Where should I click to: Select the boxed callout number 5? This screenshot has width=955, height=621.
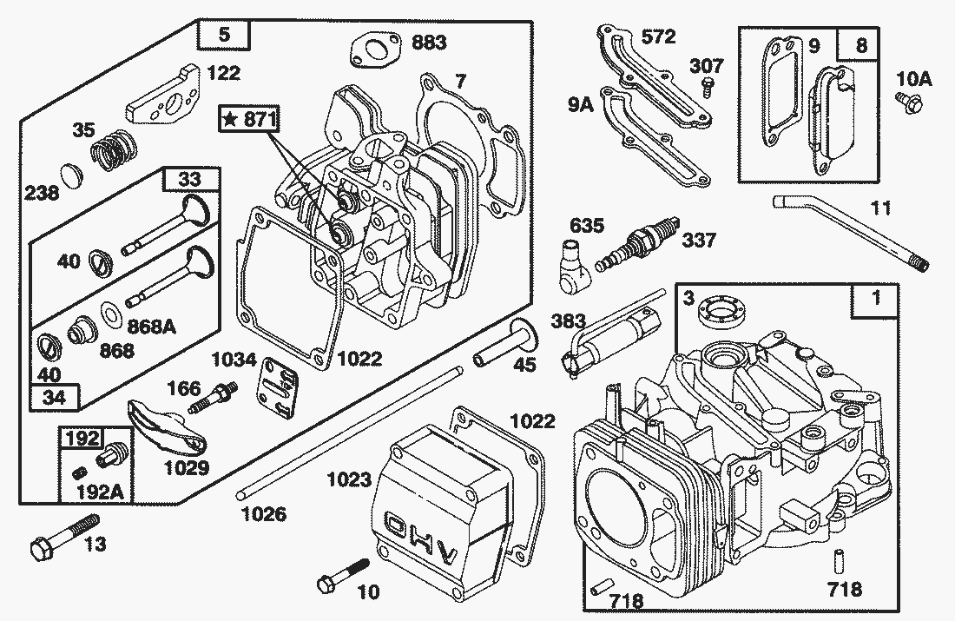coord(224,36)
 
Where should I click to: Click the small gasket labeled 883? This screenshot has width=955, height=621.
coord(373,49)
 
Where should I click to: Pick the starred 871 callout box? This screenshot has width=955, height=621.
coord(248,121)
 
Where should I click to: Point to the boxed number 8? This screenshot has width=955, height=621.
coord(859,46)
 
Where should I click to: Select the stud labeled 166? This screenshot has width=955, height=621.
coord(221,400)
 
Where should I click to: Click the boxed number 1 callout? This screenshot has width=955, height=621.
coord(875,300)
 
